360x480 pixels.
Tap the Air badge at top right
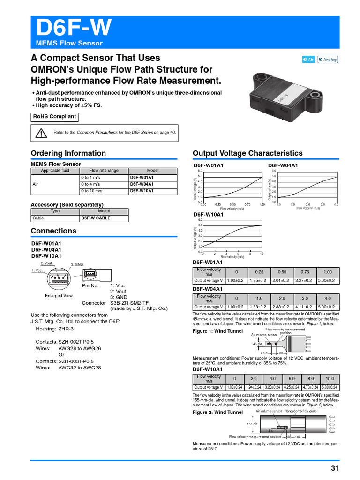click(x=308, y=60)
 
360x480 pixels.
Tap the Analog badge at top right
click(x=328, y=60)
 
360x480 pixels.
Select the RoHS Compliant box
click(x=54, y=117)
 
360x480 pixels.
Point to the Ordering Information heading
click(x=68, y=153)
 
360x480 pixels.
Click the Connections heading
click(x=53, y=231)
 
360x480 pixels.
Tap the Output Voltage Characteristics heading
click(x=247, y=153)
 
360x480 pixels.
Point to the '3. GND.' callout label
click(x=77, y=265)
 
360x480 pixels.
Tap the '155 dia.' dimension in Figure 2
click(x=253, y=424)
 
